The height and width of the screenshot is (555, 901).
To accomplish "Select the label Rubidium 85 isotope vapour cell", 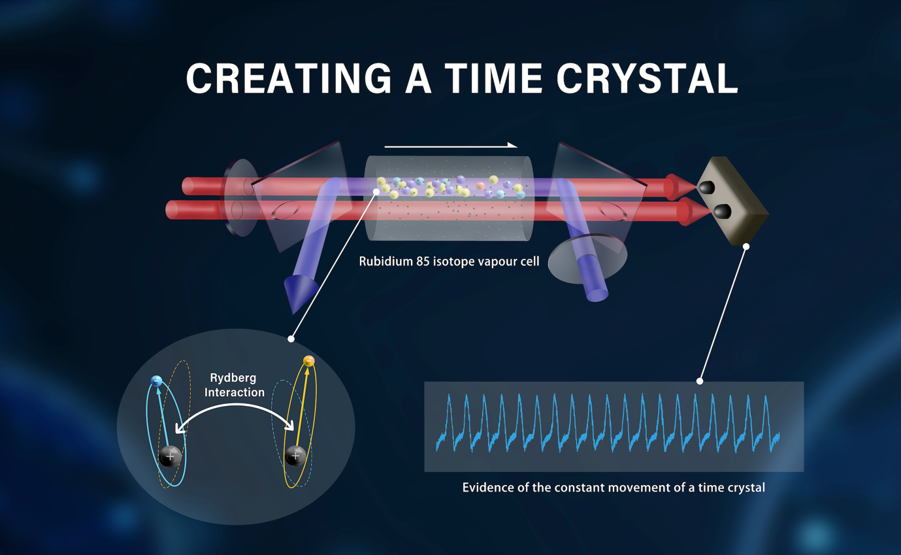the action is coord(449,261).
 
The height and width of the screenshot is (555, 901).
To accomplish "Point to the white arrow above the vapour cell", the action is coord(451,146).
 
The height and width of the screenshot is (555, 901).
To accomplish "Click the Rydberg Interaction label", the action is coord(234,385).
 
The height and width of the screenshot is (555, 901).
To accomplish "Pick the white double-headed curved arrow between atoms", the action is coord(235,405).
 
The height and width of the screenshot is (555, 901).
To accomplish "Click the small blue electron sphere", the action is coord(156,380).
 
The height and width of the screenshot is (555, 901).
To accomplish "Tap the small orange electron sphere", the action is coord(308,361).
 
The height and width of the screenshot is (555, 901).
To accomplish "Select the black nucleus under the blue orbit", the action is coord(170,457).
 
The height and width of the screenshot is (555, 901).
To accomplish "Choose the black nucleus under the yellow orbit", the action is coord(295,456).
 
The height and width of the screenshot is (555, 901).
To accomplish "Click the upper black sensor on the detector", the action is coord(707,187).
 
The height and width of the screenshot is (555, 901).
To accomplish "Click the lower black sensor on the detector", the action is coord(723,211).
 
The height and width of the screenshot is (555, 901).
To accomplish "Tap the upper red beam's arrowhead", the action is coord(680,187).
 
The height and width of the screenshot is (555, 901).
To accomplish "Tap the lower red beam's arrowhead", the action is coord(694,211).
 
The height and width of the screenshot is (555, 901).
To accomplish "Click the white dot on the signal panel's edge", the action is coord(700,381).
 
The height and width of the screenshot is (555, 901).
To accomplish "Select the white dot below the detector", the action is coord(746,246).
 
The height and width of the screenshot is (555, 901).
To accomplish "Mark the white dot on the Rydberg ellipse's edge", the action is coord(291,339).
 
